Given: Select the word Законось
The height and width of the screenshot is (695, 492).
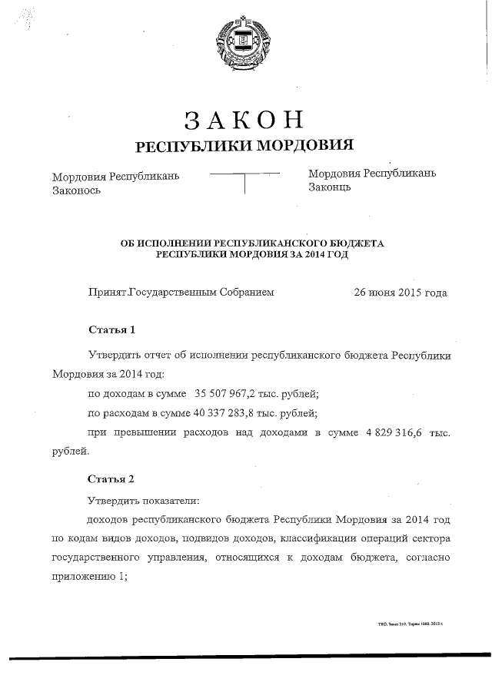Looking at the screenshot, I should (x=77, y=189).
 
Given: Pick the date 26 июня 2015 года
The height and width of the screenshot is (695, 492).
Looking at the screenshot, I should (x=400, y=293).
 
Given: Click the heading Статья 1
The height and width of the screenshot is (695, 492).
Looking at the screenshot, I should (x=112, y=330).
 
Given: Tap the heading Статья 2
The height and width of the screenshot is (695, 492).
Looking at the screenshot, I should (x=112, y=478).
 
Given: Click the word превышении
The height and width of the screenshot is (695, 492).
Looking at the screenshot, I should (x=141, y=433).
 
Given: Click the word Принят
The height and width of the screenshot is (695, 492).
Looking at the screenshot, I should (x=108, y=293).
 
